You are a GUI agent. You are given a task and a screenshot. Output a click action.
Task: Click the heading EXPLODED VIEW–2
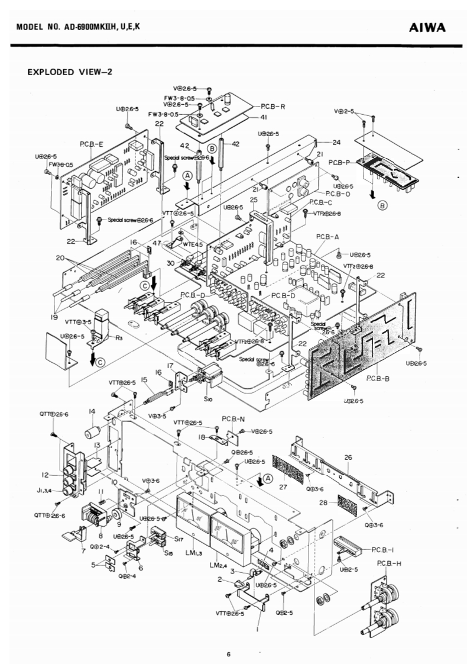[70, 72]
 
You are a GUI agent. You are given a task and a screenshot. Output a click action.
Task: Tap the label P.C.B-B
[377, 376]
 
